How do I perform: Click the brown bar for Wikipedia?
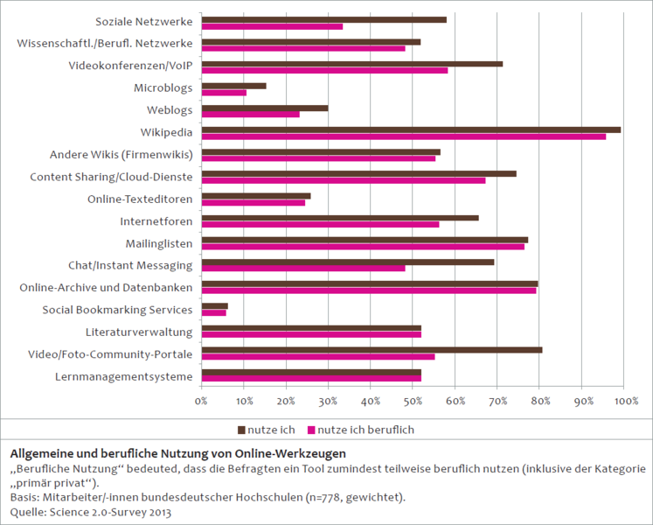coord(411,129)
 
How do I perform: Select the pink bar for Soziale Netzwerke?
coord(272,26)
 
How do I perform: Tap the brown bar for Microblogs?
coord(233,86)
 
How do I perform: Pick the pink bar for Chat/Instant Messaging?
coord(303,268)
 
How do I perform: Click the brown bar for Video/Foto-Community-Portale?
coord(372,350)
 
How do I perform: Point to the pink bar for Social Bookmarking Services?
coord(213,312)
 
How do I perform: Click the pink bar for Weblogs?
coord(250,115)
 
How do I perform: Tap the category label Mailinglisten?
coord(155,242)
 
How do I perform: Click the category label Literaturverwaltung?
coord(139,332)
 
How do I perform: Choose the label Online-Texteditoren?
coord(140,198)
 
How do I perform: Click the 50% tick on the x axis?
coord(413,401)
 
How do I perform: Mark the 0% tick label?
coord(201,401)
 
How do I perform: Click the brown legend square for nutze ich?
coord(241,430)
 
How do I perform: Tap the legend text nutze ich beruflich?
coord(365,430)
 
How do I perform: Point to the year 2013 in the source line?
coord(156,512)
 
